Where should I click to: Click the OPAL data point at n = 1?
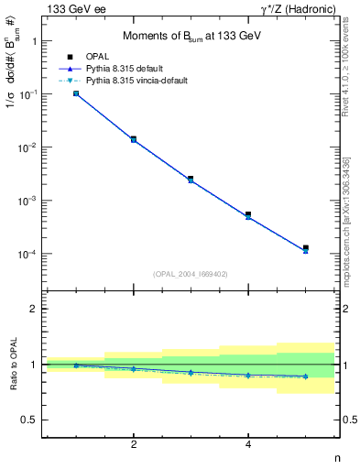point(76,93)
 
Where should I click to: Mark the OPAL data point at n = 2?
point(134,139)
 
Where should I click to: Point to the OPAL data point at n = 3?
point(191,179)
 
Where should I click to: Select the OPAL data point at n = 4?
point(248,214)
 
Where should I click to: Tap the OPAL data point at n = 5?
point(306,248)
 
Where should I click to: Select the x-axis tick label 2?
point(134,445)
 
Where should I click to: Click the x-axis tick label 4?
point(248,445)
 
